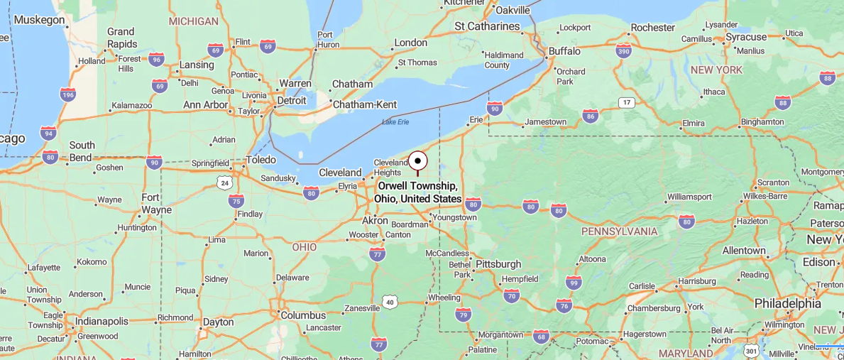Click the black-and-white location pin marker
tap(417, 161)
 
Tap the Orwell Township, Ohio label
tap(419, 192)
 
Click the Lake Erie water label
tap(395, 122)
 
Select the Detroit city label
tap(291, 100)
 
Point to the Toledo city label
tap(260, 160)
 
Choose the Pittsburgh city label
tap(498, 264)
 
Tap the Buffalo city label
tap(564, 51)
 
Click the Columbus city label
tap(302, 315)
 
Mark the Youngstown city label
tap(454, 217)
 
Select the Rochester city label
tap(652, 28)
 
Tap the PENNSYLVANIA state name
tap(619, 231)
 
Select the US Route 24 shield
tap(224, 182)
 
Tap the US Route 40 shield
tap(389, 302)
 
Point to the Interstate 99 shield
tap(574, 283)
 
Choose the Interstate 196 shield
tap(67, 94)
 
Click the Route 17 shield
tap(625, 103)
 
